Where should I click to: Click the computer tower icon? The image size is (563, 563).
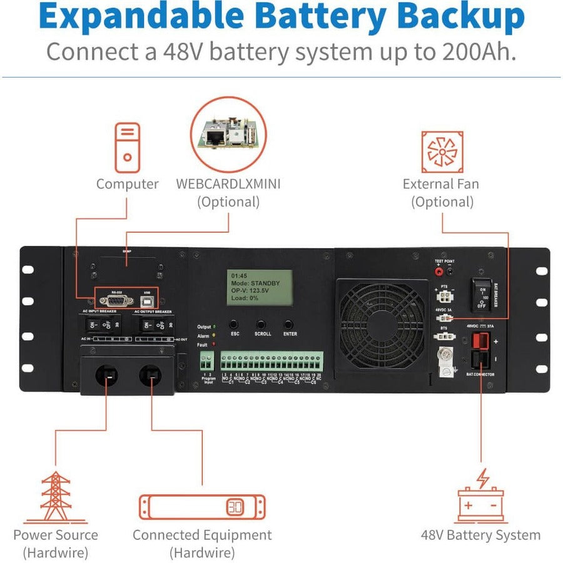point(127,148)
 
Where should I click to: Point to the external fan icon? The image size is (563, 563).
point(442,151)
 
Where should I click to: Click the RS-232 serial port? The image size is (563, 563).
point(116,300)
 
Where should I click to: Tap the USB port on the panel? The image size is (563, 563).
point(147,300)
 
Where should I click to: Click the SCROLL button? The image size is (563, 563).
point(261,325)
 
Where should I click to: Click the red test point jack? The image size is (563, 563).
point(439,272)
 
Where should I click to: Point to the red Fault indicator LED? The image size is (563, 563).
point(213,344)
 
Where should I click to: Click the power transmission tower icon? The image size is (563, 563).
point(56,497)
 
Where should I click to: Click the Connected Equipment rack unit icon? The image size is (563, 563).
point(202,507)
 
